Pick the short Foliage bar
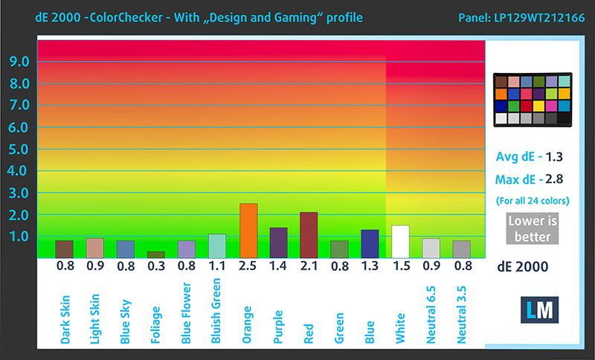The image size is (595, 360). point(156,254)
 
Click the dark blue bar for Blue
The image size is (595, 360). point(369,244)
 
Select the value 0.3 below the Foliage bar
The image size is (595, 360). point(156,266)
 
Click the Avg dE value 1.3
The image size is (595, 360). point(553,157)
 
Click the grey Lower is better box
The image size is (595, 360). point(530,229)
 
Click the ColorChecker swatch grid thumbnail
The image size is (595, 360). point(533,98)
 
